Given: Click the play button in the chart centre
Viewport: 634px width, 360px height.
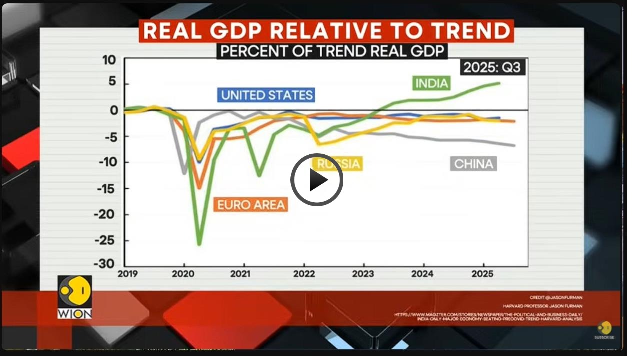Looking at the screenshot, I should pyautogui.click(x=316, y=180).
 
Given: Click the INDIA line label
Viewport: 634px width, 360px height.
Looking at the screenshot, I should pyautogui.click(x=431, y=83).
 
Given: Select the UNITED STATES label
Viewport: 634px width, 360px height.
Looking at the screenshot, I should pyautogui.click(x=266, y=95).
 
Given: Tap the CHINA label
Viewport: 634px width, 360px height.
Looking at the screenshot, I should pyautogui.click(x=473, y=164).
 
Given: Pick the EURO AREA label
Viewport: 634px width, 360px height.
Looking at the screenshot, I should pyautogui.click(x=251, y=204).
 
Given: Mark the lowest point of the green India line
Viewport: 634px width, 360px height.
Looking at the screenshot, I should pyautogui.click(x=199, y=244).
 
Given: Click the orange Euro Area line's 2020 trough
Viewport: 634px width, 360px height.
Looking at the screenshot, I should pyautogui.click(x=199, y=188).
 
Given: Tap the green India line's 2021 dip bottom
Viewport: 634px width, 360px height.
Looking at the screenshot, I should pyautogui.click(x=259, y=175).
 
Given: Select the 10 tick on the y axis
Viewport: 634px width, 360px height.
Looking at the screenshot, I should pyautogui.click(x=109, y=60).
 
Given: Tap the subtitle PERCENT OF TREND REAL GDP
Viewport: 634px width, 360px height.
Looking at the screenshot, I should pyautogui.click(x=332, y=51).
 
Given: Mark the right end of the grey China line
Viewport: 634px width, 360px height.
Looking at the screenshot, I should pyautogui.click(x=514, y=145).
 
